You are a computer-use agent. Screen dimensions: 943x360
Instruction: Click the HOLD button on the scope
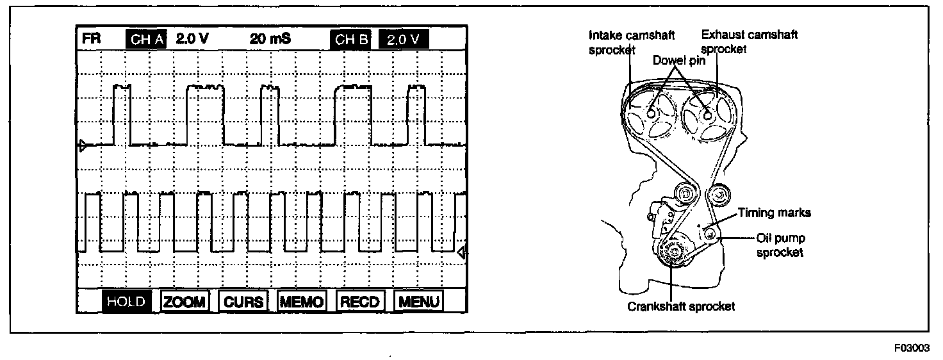126,302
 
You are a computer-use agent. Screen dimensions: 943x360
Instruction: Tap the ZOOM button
184,302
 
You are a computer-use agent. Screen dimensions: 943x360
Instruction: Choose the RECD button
360,302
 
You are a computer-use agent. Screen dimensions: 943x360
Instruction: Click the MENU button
418,302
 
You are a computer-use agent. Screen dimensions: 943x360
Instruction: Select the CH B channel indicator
351,39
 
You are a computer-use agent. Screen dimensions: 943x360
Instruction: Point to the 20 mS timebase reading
270,39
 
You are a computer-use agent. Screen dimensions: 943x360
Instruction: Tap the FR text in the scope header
90,39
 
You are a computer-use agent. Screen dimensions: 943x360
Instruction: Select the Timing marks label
774,213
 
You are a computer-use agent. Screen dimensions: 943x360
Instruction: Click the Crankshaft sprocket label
681,306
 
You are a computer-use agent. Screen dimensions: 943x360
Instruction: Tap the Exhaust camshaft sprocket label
750,42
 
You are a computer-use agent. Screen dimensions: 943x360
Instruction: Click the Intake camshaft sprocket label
631,42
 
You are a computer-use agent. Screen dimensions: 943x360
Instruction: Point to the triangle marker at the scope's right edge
461,252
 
